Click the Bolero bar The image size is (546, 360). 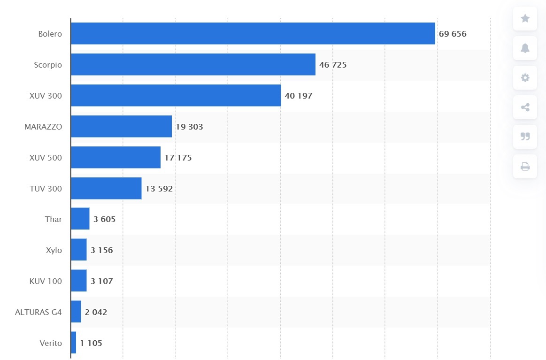pyautogui.click(x=253, y=33)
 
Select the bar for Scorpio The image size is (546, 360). pyautogui.click(x=193, y=64)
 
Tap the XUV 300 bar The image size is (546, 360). pyautogui.click(x=176, y=95)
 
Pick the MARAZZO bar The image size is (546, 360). pyautogui.click(x=121, y=126)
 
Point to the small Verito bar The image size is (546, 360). pyautogui.click(x=73, y=343)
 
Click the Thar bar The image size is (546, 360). pyautogui.click(x=80, y=219)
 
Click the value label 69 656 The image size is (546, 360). pyautogui.click(x=453, y=34)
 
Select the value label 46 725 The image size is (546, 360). pyautogui.click(x=333, y=65)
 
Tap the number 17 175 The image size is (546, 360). pyautogui.click(x=178, y=158)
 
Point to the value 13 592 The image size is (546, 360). pyautogui.click(x=159, y=189)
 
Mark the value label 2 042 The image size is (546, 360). pyautogui.click(x=96, y=312)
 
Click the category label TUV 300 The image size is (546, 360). pyautogui.click(x=46, y=189)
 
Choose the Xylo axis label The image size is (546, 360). pyautogui.click(x=54, y=250)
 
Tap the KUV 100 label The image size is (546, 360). pyautogui.click(x=46, y=281)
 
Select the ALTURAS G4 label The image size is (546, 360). pyautogui.click(x=38, y=312)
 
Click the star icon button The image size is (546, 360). pyautogui.click(x=525, y=19)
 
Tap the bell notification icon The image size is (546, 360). pyautogui.click(x=525, y=48)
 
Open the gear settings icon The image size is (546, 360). pyautogui.click(x=525, y=78)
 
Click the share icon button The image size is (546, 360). pyautogui.click(x=525, y=107)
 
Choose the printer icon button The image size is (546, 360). pyautogui.click(x=525, y=167)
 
